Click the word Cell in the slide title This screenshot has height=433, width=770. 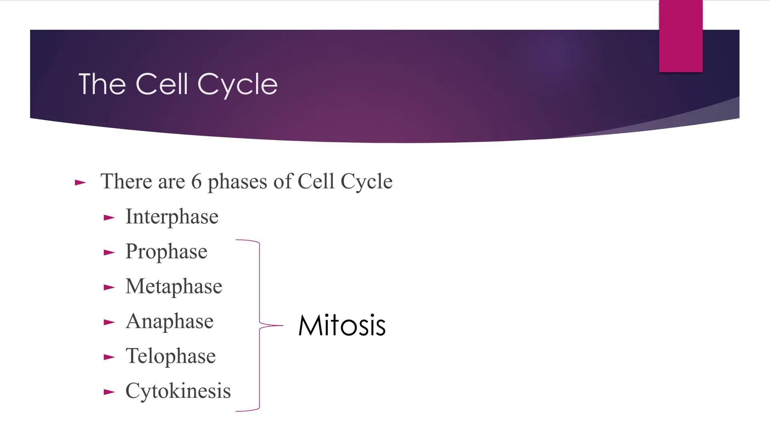click(x=162, y=84)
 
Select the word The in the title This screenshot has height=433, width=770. click(x=102, y=84)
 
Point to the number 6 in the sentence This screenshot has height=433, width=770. click(x=196, y=181)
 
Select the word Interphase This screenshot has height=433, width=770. click(x=172, y=217)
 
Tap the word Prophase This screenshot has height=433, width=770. click(x=166, y=252)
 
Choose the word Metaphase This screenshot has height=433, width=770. click(x=173, y=286)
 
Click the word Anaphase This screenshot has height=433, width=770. click(x=169, y=322)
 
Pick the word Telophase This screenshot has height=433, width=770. click(x=170, y=356)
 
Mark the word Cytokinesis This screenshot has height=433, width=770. click(x=178, y=391)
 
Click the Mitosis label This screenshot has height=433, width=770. click(x=342, y=325)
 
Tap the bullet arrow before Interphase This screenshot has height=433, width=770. click(x=109, y=218)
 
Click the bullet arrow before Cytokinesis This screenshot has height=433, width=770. click(x=109, y=392)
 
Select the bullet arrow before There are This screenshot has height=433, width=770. click(x=80, y=183)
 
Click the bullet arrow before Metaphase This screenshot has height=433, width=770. click(x=109, y=287)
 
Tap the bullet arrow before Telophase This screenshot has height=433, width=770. click(x=109, y=357)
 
